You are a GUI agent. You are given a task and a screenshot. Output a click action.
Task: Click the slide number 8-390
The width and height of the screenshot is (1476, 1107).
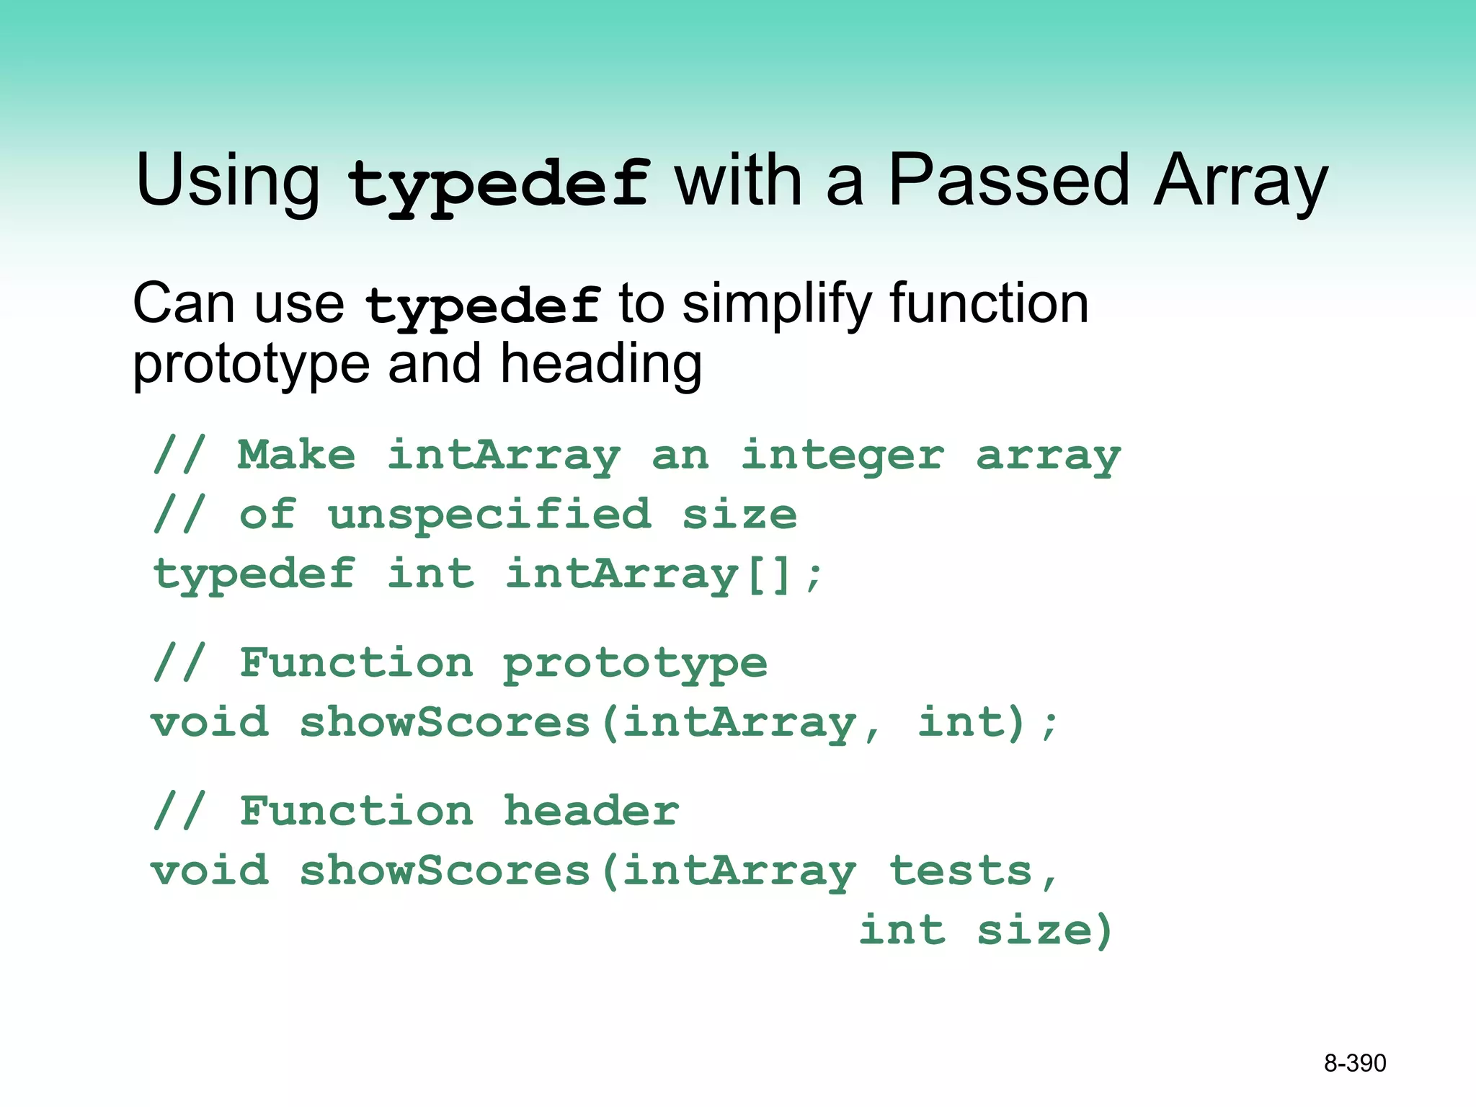(x=1354, y=1063)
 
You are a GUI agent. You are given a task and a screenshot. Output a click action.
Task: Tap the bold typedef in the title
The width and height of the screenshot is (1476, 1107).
(x=498, y=184)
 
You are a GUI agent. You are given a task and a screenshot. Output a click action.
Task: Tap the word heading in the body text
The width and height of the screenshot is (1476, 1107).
(x=600, y=365)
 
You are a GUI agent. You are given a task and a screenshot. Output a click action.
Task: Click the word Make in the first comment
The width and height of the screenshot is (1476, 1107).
(x=297, y=455)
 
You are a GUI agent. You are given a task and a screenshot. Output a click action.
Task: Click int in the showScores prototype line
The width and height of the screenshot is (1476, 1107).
(x=961, y=723)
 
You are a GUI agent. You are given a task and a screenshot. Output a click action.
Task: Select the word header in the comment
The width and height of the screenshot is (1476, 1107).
(x=591, y=812)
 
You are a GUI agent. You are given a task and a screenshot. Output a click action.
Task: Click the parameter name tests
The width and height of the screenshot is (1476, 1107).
(x=961, y=871)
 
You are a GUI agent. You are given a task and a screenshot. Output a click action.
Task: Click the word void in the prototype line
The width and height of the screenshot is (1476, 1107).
(x=210, y=723)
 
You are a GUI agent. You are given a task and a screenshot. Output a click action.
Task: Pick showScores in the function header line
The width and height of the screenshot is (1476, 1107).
(x=445, y=871)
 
